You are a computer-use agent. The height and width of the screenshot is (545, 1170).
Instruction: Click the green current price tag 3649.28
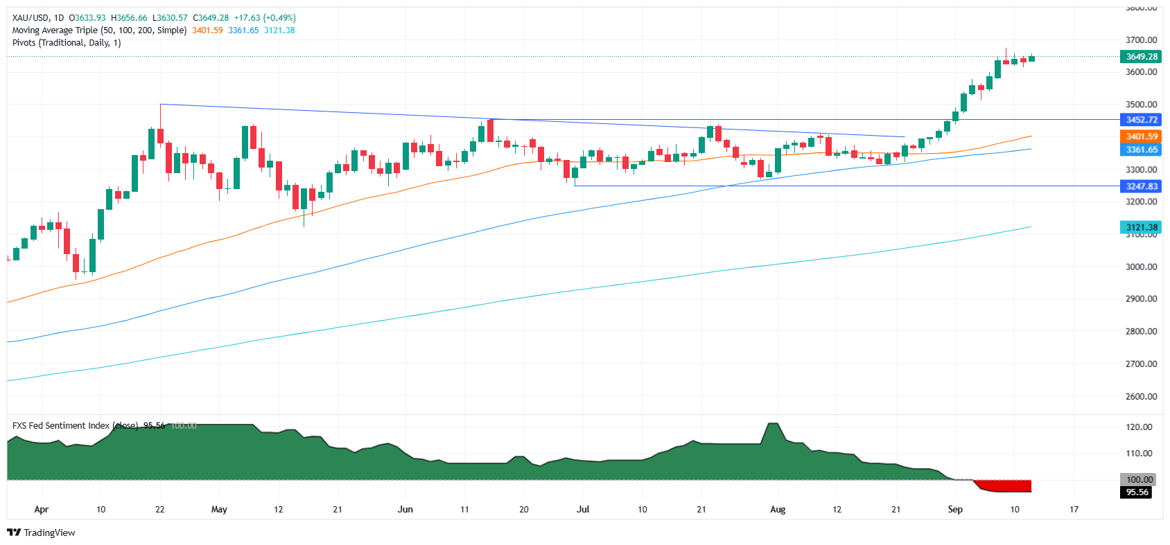point(1141,57)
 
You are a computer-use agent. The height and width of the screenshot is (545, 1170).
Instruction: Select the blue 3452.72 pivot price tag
point(1141,120)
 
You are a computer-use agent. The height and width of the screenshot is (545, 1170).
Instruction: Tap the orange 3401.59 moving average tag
point(1141,136)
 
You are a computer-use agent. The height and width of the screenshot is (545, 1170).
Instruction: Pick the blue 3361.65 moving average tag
point(1141,150)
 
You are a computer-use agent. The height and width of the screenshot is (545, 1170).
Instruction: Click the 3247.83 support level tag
point(1141,186)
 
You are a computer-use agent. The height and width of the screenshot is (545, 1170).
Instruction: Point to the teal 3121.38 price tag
point(1141,227)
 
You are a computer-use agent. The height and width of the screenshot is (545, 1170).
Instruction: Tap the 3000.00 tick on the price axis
point(1141,267)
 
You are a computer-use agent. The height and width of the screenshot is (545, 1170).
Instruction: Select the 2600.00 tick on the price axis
point(1141,397)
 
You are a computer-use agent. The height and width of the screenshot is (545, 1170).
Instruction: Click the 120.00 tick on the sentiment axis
point(1139,427)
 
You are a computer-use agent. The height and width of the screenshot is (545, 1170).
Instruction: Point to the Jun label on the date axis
point(405,510)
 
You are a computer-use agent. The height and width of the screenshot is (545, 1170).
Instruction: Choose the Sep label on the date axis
point(955,510)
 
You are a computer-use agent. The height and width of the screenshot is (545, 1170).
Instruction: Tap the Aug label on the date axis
point(778,510)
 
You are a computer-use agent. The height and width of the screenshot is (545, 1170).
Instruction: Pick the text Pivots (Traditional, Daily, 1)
point(67,43)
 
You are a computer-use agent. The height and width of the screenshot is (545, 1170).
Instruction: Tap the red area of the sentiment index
point(1009,486)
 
